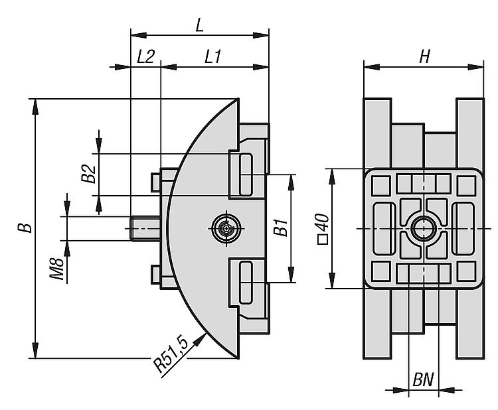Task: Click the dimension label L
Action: [x=199, y=25]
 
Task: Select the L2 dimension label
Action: [x=145, y=57]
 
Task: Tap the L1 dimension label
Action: [x=212, y=57]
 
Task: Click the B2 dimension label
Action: [x=88, y=174]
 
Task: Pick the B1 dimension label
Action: [x=281, y=228]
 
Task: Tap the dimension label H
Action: [x=424, y=57]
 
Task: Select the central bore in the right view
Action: [x=423, y=229]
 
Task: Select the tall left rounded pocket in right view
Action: [x=384, y=228]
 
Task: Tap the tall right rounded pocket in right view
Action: [x=462, y=228]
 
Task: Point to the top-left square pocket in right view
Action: [x=380, y=184]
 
